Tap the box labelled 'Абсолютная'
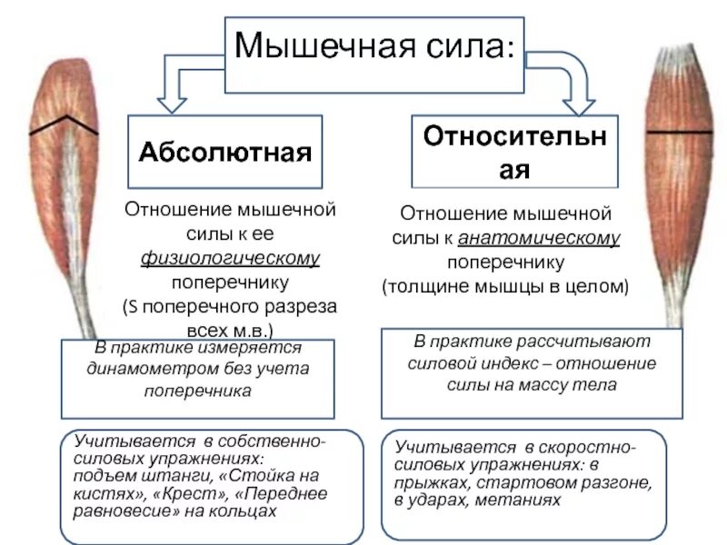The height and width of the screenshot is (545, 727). coord(224,151)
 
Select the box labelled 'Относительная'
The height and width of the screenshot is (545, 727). coord(515,151)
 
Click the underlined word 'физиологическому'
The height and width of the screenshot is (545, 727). coord(230,259)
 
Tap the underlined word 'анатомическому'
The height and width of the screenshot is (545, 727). coord(540,238)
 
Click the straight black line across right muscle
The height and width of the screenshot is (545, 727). coord(679,133)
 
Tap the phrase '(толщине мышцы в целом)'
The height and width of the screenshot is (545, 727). coord(505,285)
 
